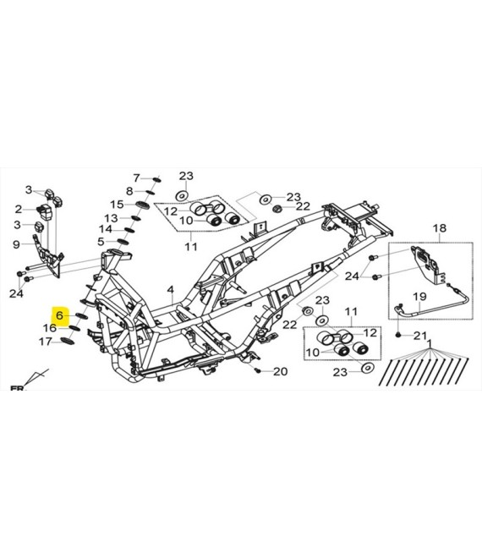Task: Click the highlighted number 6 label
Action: pos(59,315)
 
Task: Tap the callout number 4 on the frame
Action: pos(171,290)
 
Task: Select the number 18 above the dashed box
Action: pos(439,228)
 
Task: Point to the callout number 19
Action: pos(419,296)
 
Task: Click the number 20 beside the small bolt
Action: pos(280,371)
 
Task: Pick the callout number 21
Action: pos(420,336)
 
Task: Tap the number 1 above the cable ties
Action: pos(430,343)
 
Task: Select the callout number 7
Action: pos(137,178)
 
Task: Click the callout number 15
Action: pos(117,205)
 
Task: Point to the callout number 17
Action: pos(45,342)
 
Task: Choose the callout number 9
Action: pos(16,244)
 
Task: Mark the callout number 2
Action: pos(18,210)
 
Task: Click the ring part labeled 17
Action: pos(68,342)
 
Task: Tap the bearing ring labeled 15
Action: pos(142,205)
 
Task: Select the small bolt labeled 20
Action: pos(258,371)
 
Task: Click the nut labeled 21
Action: pos(398,336)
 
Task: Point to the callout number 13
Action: pos(111,218)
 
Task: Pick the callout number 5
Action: pos(101,242)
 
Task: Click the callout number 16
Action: pos(50,328)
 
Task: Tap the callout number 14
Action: pos(106,229)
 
